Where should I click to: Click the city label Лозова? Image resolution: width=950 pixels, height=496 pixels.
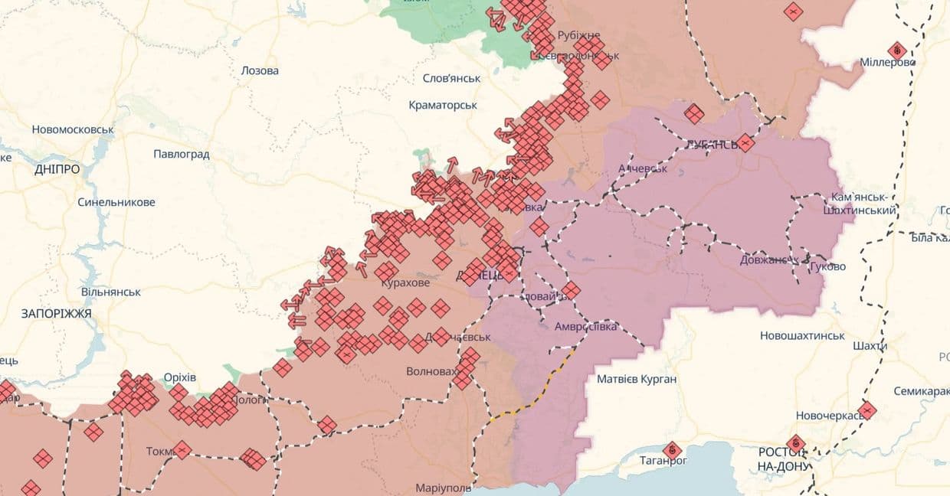pyautogui.click(x=260, y=70)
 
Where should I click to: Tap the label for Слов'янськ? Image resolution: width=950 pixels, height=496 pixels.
pyautogui.click(x=451, y=78)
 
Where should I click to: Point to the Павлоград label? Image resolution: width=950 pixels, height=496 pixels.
pyautogui.click(x=181, y=154)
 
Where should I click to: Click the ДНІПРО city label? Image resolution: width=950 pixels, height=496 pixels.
pyautogui.click(x=57, y=169)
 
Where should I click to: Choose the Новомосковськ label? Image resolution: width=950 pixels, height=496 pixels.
pyautogui.click(x=73, y=129)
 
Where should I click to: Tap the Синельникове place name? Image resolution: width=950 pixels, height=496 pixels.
pyautogui.click(x=116, y=202)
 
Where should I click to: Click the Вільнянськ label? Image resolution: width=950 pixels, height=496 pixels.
pyautogui.click(x=110, y=292)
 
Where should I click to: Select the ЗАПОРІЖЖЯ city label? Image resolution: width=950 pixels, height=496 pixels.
pyautogui.click(x=57, y=314)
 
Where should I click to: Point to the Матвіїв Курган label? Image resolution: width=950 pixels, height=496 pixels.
pyautogui.click(x=637, y=379)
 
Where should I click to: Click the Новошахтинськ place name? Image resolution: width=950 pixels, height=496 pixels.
pyautogui.click(x=802, y=335)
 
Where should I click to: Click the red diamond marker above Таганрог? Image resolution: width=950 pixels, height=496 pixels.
pyautogui.click(x=672, y=449)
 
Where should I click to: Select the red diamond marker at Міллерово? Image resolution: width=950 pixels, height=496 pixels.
pyautogui.click(x=897, y=51)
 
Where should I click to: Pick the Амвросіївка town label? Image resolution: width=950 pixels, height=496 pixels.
pyautogui.click(x=586, y=327)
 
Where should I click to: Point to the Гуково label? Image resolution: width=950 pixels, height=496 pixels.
pyautogui.click(x=827, y=266)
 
